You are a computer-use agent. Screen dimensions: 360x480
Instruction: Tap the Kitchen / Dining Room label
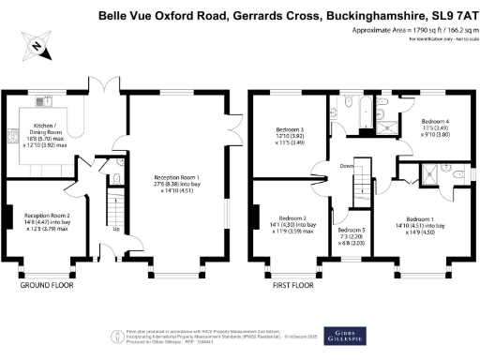[47, 131]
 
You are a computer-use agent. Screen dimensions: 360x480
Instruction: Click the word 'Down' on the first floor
[346, 166]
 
